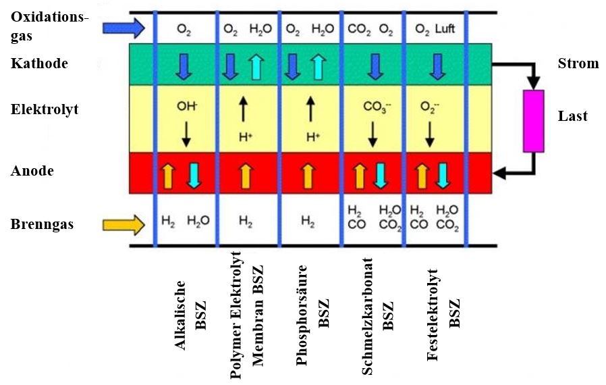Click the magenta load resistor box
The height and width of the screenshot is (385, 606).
(534, 120)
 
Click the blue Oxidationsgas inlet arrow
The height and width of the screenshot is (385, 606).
(123, 28)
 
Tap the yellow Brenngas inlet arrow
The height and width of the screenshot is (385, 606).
(123, 223)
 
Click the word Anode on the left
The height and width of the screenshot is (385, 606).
(32, 171)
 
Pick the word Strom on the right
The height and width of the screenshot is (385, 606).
(578, 64)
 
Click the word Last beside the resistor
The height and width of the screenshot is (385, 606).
(573, 116)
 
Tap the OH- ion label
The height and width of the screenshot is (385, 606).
(186, 106)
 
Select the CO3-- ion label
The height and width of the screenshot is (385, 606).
(375, 107)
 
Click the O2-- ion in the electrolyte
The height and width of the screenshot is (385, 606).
(430, 107)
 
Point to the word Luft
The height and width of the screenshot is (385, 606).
(445, 29)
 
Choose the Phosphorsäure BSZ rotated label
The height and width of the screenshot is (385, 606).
(313, 317)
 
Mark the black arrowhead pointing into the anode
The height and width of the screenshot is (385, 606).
(500, 174)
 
